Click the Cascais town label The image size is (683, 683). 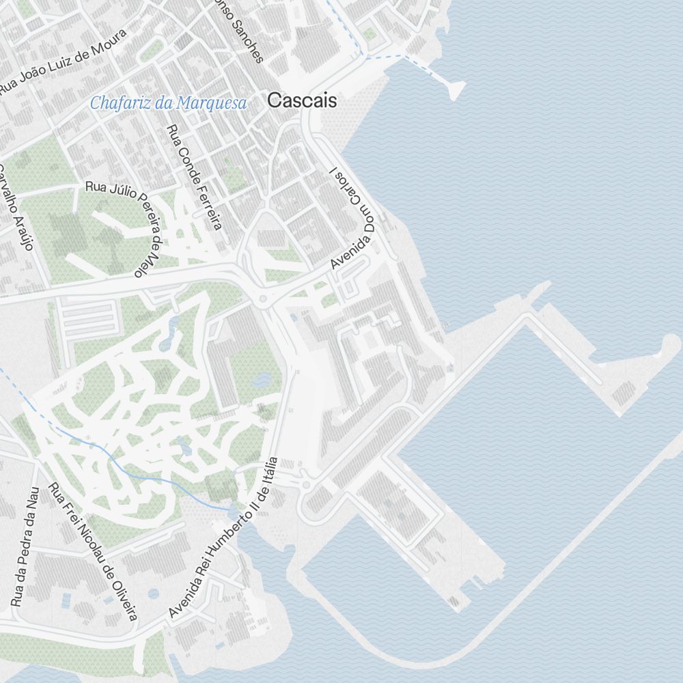pos(302,100)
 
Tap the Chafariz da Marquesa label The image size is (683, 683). pos(168,104)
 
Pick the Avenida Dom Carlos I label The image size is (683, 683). pos(352,217)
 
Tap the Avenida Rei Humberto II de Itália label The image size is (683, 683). pos(223,538)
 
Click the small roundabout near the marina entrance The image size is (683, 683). pos(305,485)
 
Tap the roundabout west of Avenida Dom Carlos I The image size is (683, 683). pos(260,299)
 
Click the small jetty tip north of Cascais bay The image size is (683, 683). pos(456,89)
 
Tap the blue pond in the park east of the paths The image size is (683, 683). pos(262,380)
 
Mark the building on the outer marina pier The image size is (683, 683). pos(623,393)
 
